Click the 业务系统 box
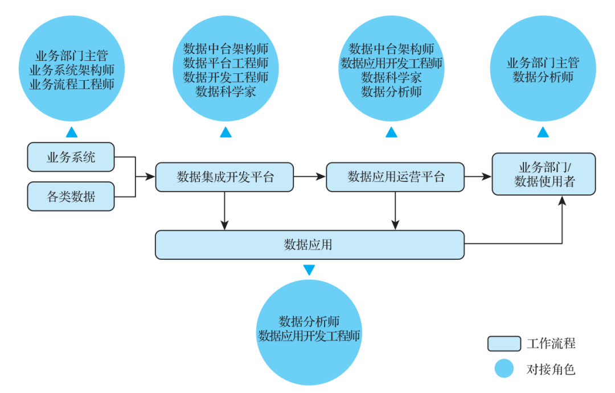(x=71, y=157)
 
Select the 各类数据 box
(x=71, y=197)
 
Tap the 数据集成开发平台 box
(x=224, y=177)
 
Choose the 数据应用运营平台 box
(x=395, y=177)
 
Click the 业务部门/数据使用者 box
(x=543, y=174)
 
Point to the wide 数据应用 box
(x=309, y=245)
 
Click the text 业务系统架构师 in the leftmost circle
(x=72, y=70)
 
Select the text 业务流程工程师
(x=72, y=84)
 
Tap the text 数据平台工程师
(x=225, y=63)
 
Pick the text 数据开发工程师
(x=225, y=77)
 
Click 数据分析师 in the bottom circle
(x=309, y=321)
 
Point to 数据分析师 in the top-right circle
(x=543, y=77)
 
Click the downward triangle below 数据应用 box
(x=309, y=270)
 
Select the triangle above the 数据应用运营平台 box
(x=391, y=133)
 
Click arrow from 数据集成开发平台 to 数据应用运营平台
(x=309, y=177)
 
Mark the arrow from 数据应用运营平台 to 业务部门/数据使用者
(x=478, y=177)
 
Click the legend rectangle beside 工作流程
(x=504, y=344)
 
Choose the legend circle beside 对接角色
(x=504, y=369)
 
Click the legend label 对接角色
(x=551, y=369)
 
